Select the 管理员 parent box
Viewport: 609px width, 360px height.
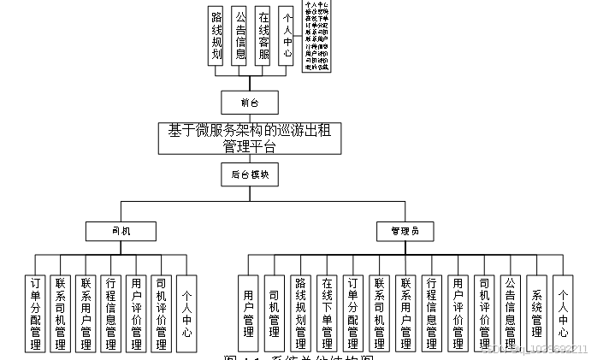coord(405,231)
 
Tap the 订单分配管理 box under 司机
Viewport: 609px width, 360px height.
coord(35,313)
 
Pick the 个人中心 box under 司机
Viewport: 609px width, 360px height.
coord(186,313)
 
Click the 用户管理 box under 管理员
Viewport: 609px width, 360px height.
coord(248,313)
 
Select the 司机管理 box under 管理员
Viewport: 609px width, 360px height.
coord(274,313)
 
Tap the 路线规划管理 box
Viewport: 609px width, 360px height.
coord(300,313)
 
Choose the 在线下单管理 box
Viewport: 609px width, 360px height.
coord(327,313)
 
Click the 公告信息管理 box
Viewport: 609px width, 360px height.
coord(510,313)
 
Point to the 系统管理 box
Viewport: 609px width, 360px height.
coord(536,313)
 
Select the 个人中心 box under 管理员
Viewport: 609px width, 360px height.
coord(562,313)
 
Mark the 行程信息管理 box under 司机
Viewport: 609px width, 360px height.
coord(110,313)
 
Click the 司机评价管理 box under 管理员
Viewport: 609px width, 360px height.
coord(484,313)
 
